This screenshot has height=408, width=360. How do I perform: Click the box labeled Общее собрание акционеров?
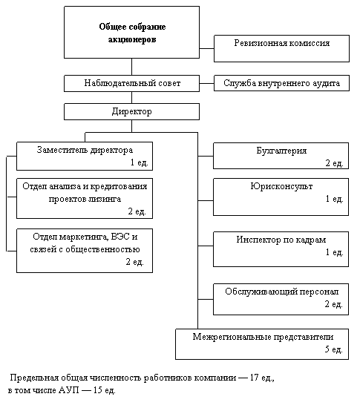131,32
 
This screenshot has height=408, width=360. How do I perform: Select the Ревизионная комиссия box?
281,49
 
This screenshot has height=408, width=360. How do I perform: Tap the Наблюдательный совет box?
131,83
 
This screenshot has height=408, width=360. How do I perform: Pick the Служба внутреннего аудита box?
281,83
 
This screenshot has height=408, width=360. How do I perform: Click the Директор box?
131,111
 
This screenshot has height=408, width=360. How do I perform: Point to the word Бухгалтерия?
281,151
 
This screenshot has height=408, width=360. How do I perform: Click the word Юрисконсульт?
281,186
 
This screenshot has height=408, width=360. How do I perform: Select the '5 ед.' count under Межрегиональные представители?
333,349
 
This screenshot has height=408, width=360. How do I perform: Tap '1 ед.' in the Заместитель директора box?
139,162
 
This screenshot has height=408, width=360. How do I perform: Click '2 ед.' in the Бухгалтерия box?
334,163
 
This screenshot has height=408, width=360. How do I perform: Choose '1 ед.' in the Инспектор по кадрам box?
334,252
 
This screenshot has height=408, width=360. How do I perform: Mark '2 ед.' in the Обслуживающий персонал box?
333,304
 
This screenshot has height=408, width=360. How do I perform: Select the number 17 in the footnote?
255,378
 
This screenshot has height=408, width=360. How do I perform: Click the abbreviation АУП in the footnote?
69,390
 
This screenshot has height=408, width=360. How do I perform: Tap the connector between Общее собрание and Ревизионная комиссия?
206,48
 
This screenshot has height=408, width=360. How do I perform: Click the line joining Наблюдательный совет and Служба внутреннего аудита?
206,83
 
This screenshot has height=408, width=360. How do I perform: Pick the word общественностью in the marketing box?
102,249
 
